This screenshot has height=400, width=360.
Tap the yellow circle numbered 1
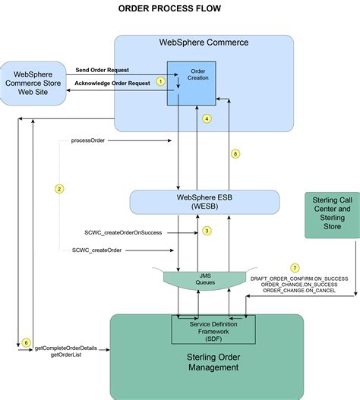pyautogui.click(x=160, y=80)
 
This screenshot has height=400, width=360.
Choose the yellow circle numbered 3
pyautogui.click(x=206, y=231)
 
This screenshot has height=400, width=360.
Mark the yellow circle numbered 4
pyautogui.click(x=207, y=118)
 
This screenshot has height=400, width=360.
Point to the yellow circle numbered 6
pyautogui.click(x=26, y=344)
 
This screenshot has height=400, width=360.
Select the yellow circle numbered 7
pyautogui.click(x=295, y=269)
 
